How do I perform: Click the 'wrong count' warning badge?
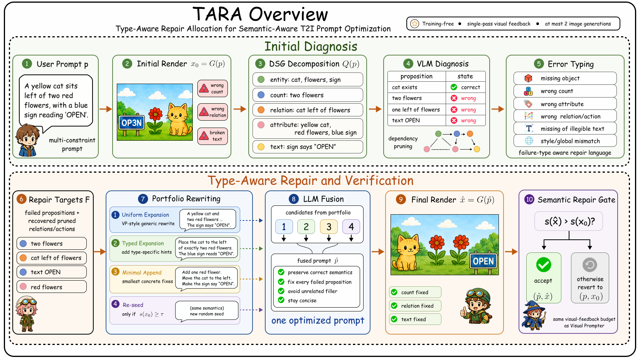212,89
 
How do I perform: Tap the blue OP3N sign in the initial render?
131,123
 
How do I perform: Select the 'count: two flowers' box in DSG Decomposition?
308,95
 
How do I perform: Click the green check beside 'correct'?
454,87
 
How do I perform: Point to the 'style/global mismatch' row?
565,141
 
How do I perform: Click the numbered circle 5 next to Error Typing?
539,64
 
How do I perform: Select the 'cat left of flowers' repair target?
52,258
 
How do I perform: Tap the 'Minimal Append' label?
142,273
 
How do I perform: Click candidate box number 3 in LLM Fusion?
329,227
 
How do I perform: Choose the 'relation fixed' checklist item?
415,306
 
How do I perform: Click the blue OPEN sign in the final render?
483,261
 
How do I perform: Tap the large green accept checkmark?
544,264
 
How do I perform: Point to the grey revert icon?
590,265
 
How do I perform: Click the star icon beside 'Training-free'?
414,24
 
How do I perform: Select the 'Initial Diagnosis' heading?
311,46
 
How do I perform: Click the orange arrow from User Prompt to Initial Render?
105,109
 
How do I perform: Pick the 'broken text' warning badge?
212,136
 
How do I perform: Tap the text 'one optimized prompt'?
318,321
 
